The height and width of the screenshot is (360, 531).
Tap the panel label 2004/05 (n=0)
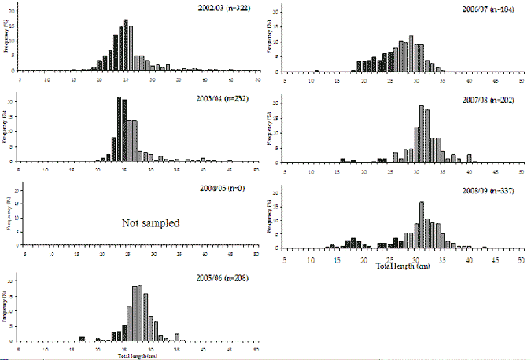227,191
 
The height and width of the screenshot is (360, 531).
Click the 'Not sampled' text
151,223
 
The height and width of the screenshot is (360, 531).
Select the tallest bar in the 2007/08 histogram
422,134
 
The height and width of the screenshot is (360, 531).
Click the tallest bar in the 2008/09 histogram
422,225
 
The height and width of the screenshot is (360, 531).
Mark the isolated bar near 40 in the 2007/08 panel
469,158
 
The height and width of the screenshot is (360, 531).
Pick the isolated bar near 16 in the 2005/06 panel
82,339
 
